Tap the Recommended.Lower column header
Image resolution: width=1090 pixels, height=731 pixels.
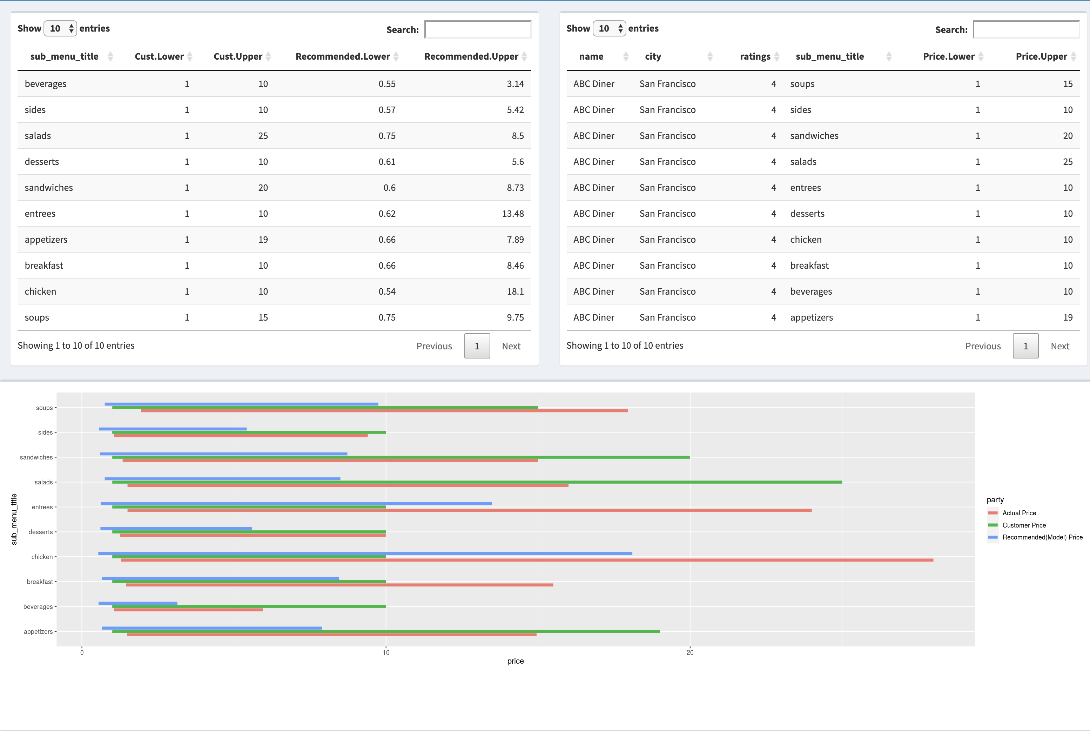tap(343, 56)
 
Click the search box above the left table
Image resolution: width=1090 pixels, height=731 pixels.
tap(478, 29)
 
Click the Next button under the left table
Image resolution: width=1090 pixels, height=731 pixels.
tap(511, 346)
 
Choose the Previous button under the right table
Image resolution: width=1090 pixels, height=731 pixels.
tap(982, 346)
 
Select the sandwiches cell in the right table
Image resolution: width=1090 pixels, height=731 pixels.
tap(814, 136)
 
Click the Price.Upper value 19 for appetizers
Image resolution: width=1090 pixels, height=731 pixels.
tap(1068, 317)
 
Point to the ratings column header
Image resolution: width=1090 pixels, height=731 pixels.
tap(755, 56)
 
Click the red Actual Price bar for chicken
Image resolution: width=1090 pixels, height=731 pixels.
tap(527, 560)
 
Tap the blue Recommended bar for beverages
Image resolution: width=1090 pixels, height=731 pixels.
tap(138, 603)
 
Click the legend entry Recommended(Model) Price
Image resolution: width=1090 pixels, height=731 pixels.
tap(1042, 537)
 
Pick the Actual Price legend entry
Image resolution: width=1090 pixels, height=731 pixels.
tap(1019, 513)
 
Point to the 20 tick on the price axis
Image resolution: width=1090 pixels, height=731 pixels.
tap(690, 652)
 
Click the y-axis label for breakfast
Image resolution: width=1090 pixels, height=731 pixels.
tap(40, 582)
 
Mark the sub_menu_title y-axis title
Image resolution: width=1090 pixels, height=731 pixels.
tap(14, 519)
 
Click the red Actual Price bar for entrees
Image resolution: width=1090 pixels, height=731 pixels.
tap(469, 510)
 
